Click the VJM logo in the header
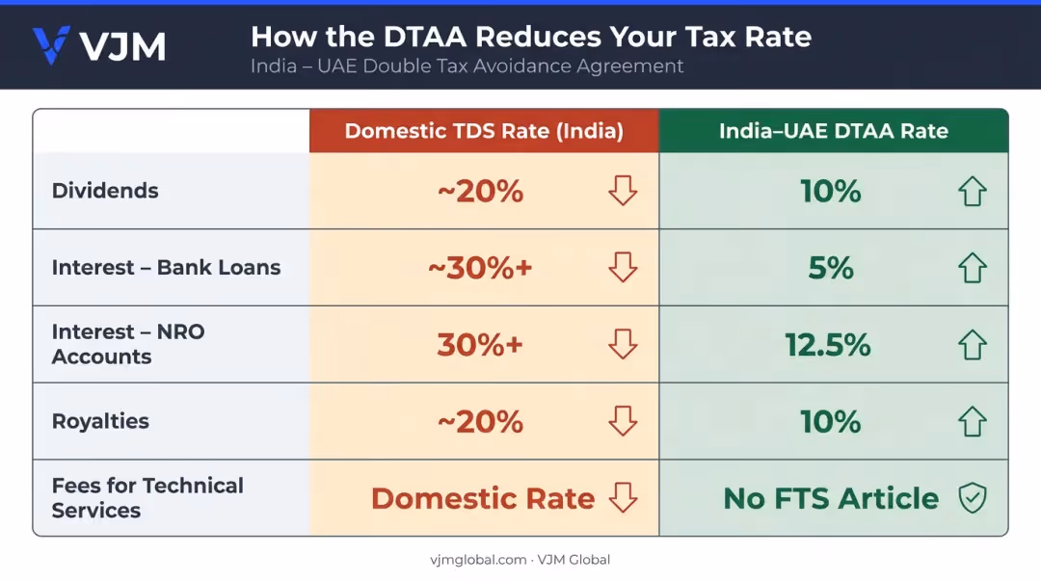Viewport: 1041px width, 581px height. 99,46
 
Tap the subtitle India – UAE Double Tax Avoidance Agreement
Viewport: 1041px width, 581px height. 467,66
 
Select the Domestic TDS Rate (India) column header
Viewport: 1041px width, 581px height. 484,131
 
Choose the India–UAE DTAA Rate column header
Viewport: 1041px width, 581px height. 833,131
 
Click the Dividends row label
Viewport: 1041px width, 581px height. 105,191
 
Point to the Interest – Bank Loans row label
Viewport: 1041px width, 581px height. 166,267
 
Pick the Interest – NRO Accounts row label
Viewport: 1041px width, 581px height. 128,344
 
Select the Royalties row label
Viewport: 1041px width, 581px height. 100,421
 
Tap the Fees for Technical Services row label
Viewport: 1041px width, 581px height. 147,497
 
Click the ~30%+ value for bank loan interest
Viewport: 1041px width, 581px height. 480,268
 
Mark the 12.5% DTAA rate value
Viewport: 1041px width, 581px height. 827,345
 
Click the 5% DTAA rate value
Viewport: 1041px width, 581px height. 831,268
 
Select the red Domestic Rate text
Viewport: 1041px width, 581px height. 483,498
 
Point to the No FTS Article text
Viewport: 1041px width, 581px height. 831,498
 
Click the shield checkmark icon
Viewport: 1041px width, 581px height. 973,498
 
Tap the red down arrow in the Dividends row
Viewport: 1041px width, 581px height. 623,191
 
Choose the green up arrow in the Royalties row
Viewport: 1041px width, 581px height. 973,421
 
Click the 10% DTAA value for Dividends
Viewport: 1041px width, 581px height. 831,191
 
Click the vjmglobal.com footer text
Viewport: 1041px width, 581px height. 478,560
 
